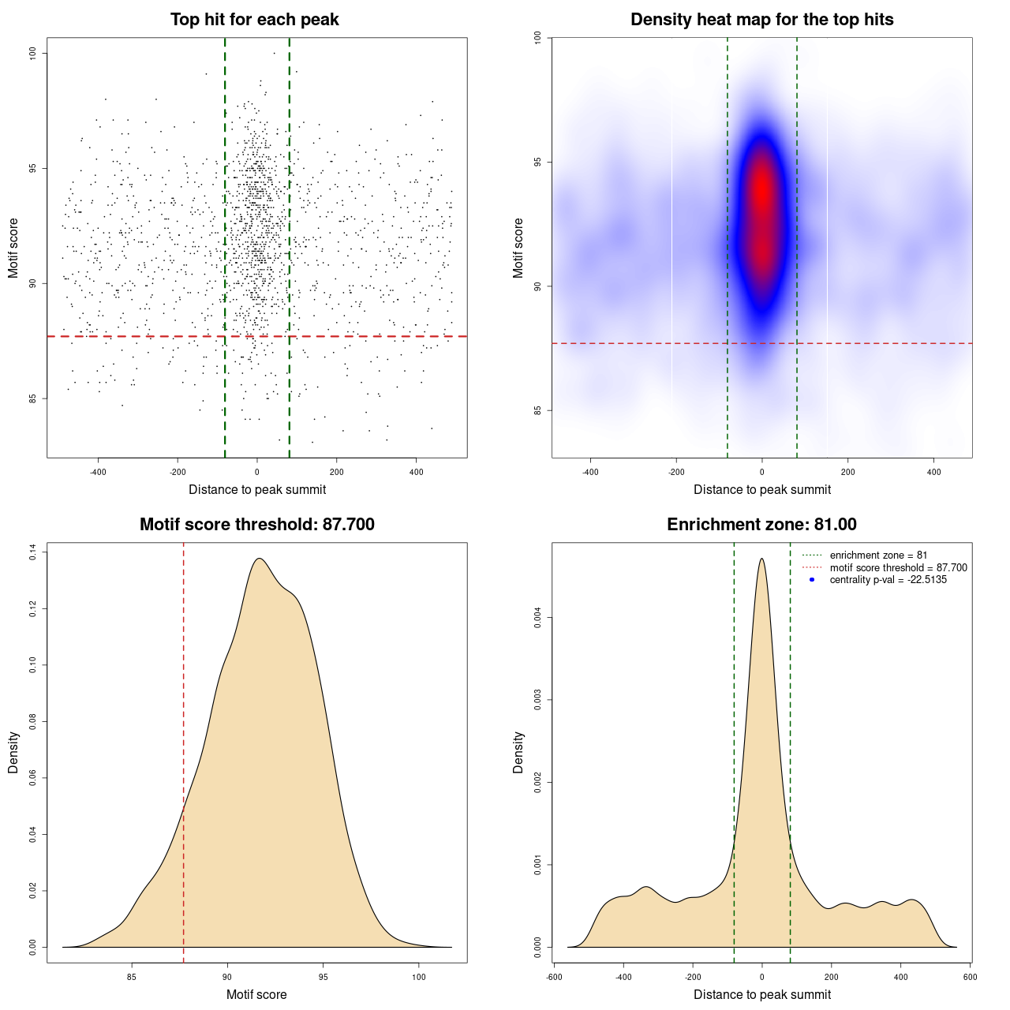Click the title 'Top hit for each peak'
click(254, 20)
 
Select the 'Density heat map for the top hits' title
click(761, 20)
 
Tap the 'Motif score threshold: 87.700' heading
click(256, 525)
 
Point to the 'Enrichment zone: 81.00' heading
click(761, 525)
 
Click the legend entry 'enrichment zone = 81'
click(878, 555)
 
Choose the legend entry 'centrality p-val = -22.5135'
click(888, 580)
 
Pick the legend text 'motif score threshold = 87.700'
click(898, 567)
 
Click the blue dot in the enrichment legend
click(812, 580)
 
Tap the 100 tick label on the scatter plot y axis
click(33, 53)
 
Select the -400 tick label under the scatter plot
click(98, 472)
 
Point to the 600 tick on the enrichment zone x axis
click(970, 977)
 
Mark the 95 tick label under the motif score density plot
click(323, 977)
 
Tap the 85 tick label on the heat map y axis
click(538, 410)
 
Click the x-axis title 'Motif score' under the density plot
click(256, 994)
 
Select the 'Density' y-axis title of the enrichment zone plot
click(518, 752)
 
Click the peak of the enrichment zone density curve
click(761, 559)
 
